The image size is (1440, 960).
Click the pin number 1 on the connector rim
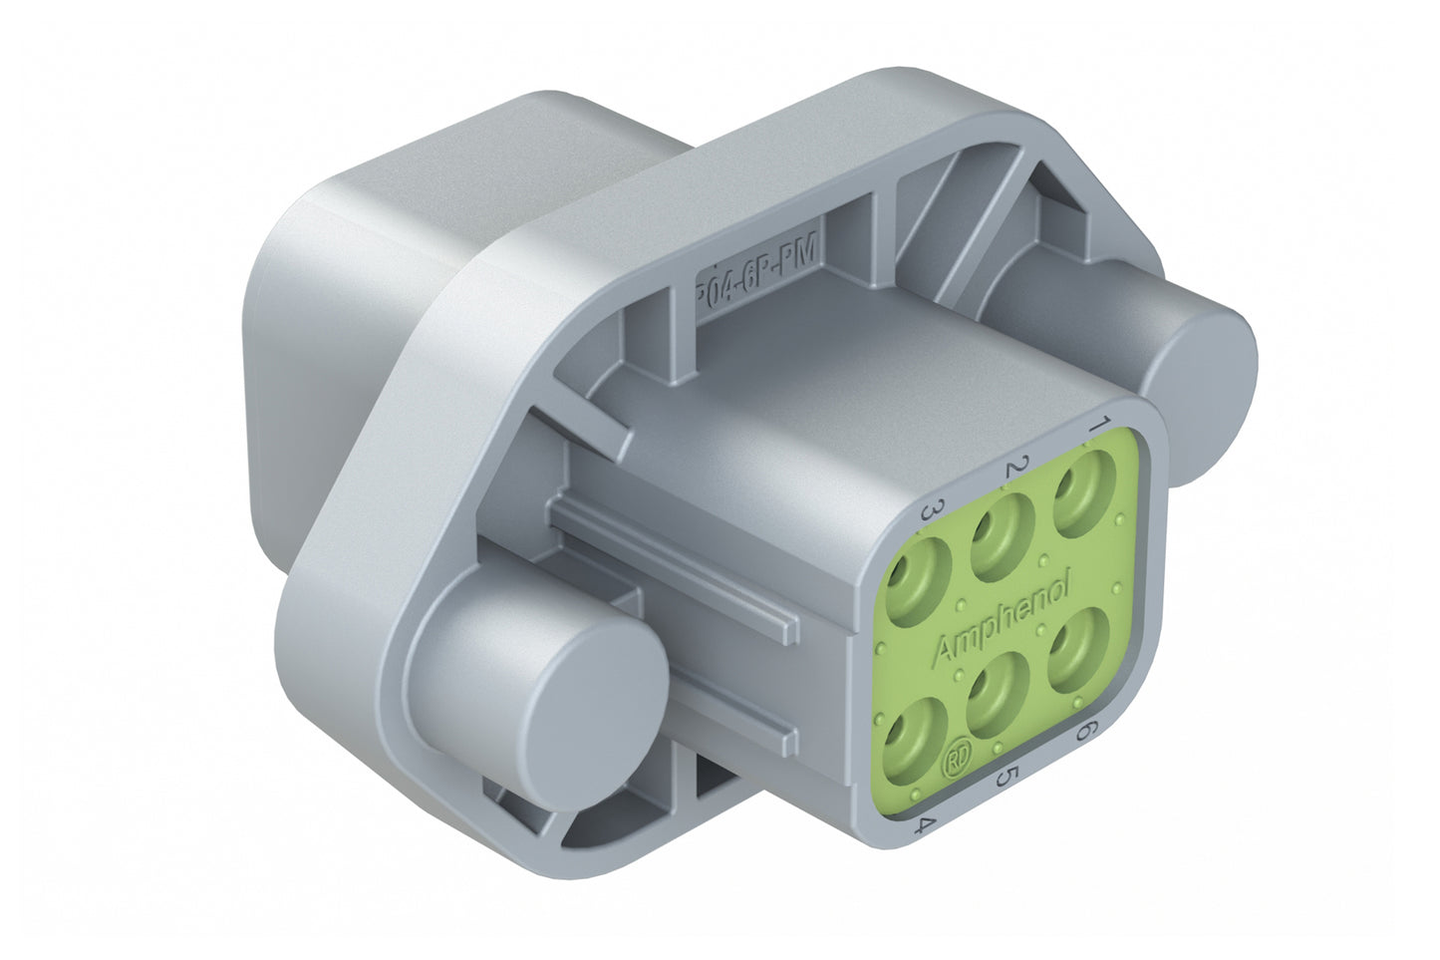(1098, 426)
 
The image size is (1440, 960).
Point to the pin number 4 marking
(927, 824)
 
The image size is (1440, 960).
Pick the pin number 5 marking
(1008, 776)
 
